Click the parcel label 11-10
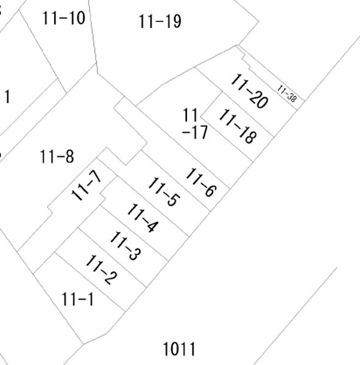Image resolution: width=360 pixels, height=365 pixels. click(63, 18)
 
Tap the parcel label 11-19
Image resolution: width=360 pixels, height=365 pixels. click(160, 21)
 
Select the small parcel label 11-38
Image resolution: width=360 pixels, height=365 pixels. click(288, 94)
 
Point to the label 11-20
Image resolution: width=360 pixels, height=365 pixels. click(249, 91)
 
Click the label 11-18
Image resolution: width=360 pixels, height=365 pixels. click(238, 127)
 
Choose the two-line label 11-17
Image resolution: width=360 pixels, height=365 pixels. click(194, 123)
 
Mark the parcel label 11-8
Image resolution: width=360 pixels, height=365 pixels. click(57, 156)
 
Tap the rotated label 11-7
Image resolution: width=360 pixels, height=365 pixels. click(86, 185)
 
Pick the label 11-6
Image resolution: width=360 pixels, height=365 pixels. click(201, 182)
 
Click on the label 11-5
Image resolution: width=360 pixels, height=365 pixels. click(164, 192)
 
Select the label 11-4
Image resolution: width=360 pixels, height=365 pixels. click(143, 218)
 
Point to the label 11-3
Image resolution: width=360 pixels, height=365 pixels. click(125, 246)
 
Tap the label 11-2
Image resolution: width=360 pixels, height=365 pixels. click(101, 269)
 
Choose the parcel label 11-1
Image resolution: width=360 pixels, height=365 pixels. click(78, 299)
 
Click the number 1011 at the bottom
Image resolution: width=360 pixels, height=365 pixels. click(179, 349)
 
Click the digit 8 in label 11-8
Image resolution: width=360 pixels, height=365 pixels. click(69, 156)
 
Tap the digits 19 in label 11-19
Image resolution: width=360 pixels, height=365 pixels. click(173, 22)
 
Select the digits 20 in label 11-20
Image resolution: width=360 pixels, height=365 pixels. click(258, 100)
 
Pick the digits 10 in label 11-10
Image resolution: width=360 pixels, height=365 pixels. click(77, 18)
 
